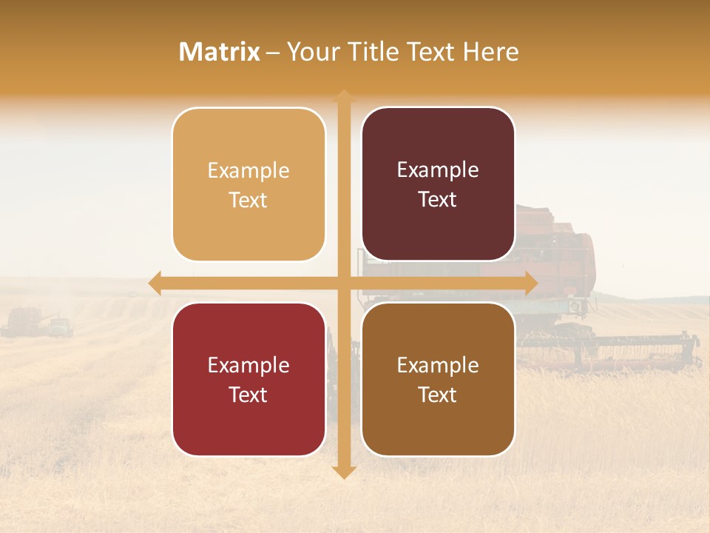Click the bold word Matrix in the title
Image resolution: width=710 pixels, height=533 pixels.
click(220, 52)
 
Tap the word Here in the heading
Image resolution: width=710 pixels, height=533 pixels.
click(490, 52)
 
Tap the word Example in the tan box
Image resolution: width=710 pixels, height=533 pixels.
click(248, 171)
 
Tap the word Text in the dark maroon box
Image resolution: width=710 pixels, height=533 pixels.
click(438, 200)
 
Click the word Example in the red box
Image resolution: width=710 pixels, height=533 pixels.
click(248, 365)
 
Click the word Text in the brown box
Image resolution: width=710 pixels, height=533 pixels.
click(438, 395)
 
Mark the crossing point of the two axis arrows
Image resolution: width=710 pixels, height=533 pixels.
click(344, 284)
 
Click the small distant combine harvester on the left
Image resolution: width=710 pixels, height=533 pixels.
click(26, 321)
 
